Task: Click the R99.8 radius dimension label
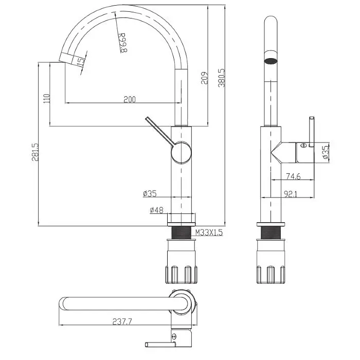tap(123, 43)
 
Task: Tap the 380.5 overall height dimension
tap(222, 78)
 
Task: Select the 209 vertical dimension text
tap(205, 78)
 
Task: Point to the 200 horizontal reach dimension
tap(130, 99)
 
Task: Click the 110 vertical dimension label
tap(47, 98)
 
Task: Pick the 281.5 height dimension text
tap(35, 152)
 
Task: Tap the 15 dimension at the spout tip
tap(81, 62)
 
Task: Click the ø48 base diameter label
tap(156, 210)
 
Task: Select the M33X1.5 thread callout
tap(209, 233)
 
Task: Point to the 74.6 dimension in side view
tap(293, 176)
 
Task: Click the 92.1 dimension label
tap(291, 194)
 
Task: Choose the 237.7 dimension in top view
tap(122, 321)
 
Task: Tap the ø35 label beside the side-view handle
tap(326, 152)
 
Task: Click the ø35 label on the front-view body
tap(150, 193)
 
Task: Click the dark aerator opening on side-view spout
tap(271, 61)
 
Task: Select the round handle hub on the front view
tap(181, 152)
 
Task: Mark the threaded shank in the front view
tap(182, 233)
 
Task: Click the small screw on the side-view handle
tap(303, 146)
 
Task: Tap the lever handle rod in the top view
tap(160, 344)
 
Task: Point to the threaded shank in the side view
tap(271, 233)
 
